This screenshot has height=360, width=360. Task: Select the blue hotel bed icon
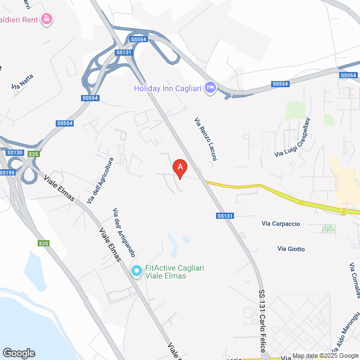[x=210, y=88]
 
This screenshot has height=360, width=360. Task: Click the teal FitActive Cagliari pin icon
[x=136, y=271]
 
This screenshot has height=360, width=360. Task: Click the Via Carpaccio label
[x=281, y=223]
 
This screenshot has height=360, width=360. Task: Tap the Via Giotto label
[x=291, y=249]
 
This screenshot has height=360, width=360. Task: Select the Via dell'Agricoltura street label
[x=100, y=180]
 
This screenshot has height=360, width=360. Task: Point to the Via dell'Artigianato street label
[x=124, y=231]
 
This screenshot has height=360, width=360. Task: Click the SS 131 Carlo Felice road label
[x=262, y=321]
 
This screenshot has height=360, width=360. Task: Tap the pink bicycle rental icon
[x=48, y=19]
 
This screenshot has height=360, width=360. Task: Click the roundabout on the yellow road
[x=343, y=211]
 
